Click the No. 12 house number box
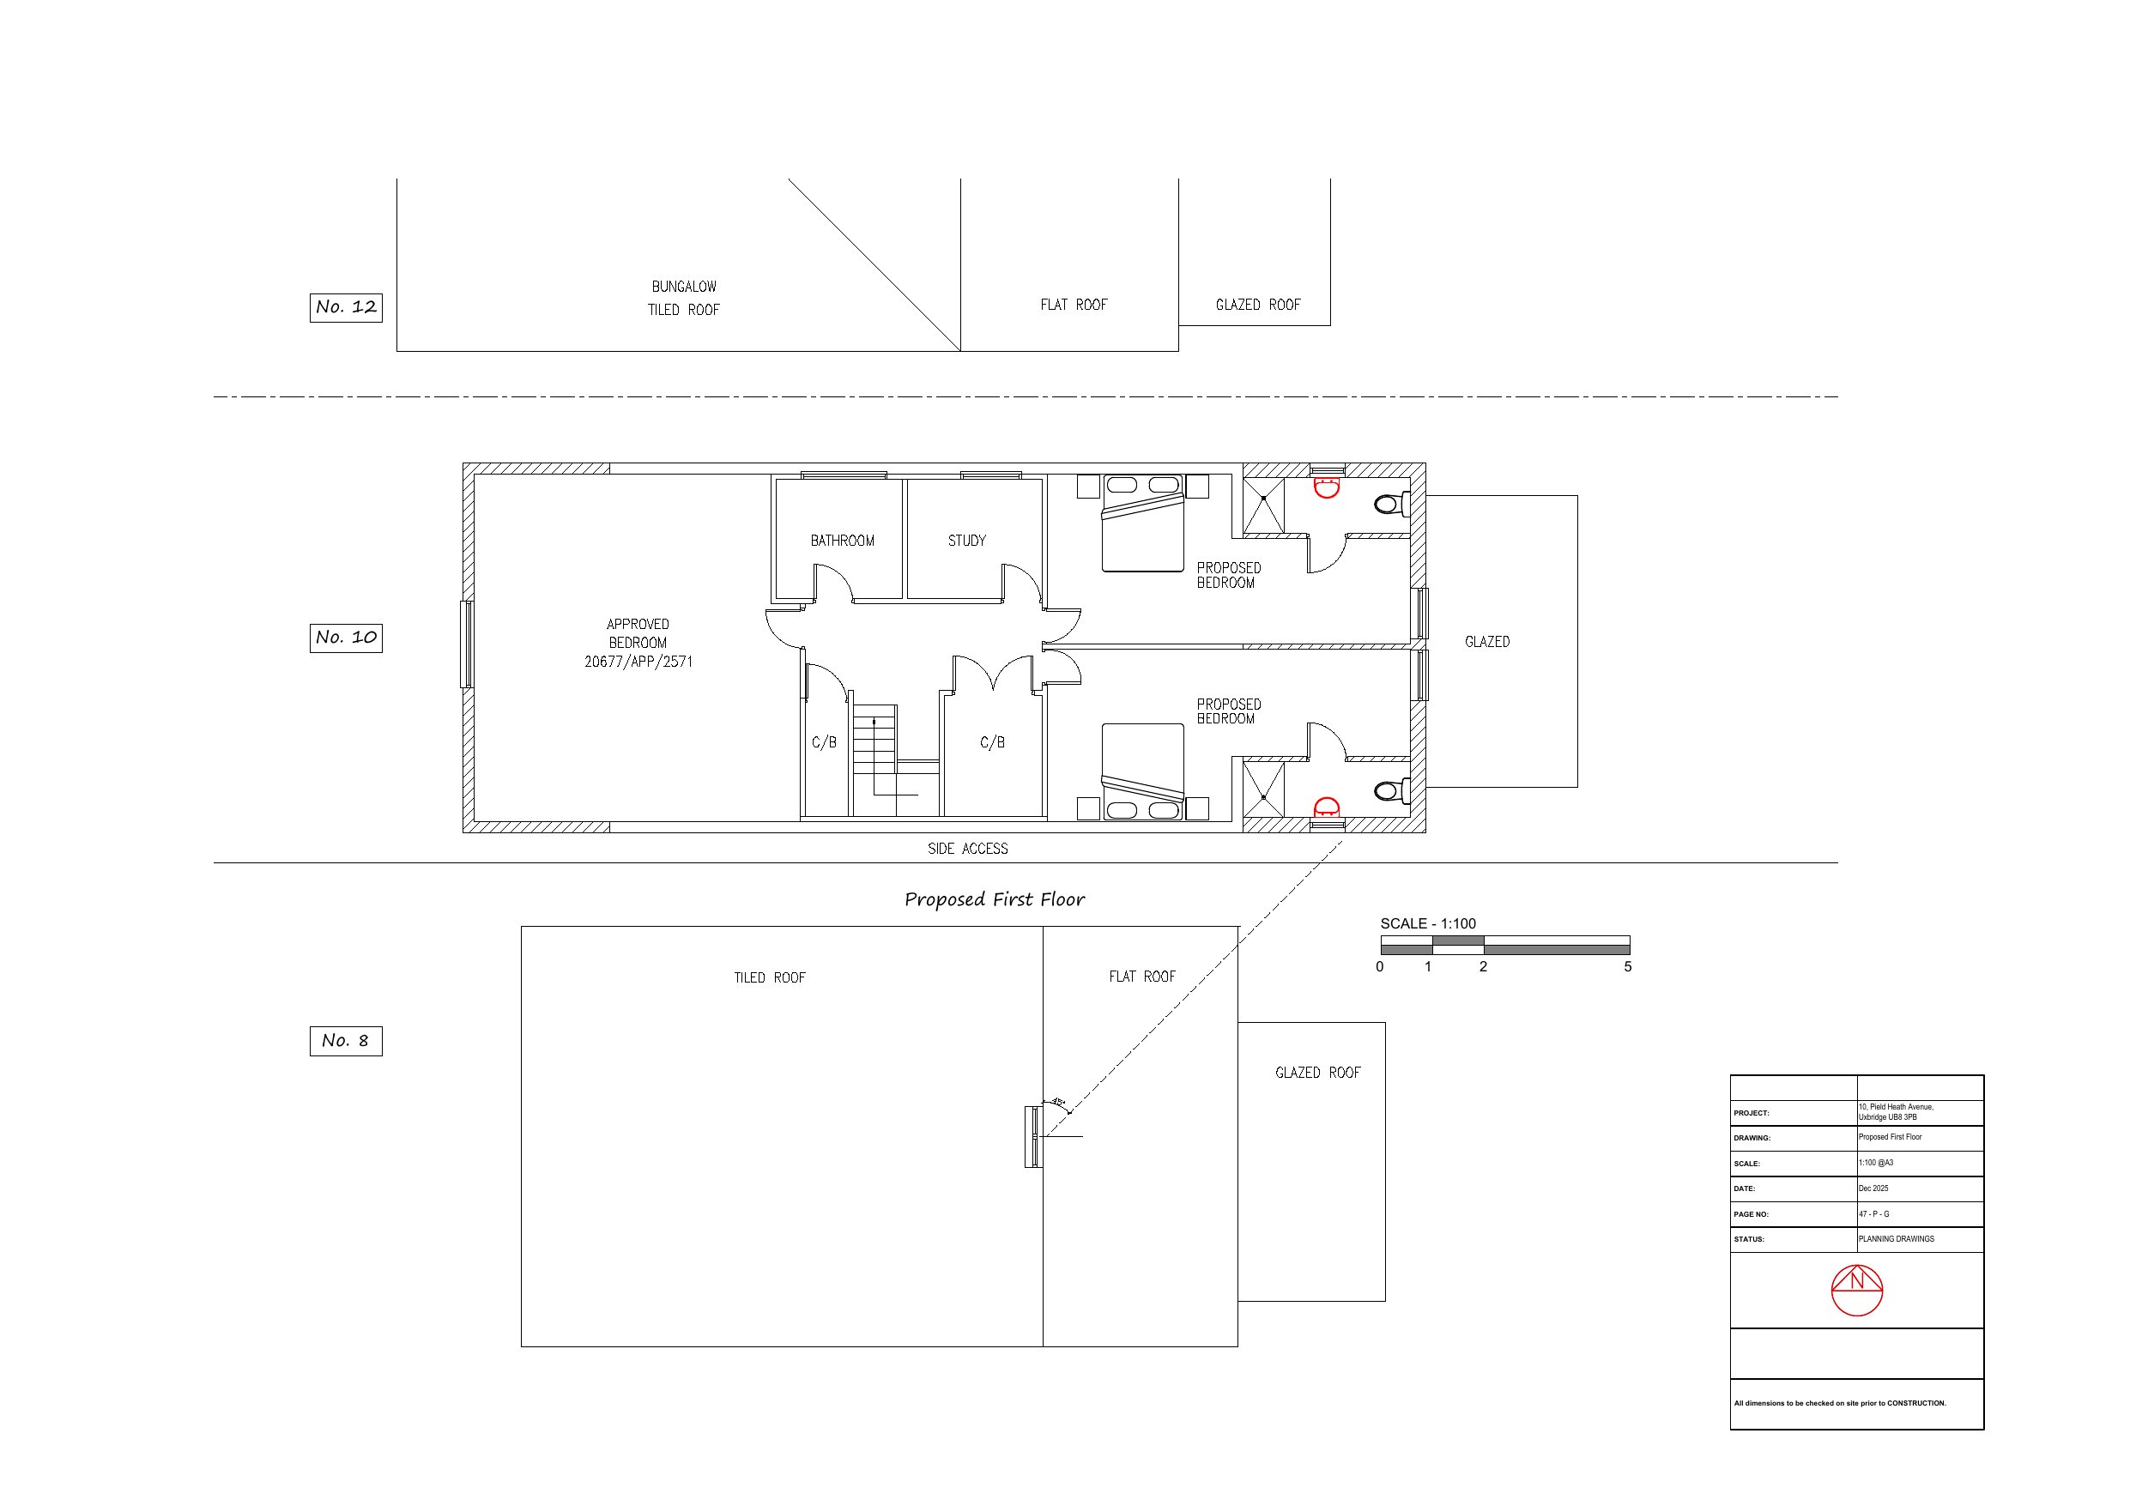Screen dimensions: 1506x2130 point(345,307)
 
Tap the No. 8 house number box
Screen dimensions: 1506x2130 point(345,1041)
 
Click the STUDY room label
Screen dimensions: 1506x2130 point(966,540)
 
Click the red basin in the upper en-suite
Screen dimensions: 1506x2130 point(1326,487)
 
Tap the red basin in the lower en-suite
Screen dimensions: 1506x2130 point(1326,807)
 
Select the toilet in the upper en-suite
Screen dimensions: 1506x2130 point(1390,504)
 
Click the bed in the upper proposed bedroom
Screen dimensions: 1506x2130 point(1142,524)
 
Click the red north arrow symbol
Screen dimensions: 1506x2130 point(1856,1290)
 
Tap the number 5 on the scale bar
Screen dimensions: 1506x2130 point(1627,967)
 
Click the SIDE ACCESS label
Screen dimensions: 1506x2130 point(966,848)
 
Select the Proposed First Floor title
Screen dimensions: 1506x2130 point(994,899)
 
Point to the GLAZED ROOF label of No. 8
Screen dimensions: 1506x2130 point(1316,1073)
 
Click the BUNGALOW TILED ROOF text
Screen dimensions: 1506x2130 point(684,298)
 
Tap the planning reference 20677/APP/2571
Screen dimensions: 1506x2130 point(638,662)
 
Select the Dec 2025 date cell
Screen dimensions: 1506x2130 point(1873,1188)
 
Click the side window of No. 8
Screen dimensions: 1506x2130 point(1032,1137)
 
